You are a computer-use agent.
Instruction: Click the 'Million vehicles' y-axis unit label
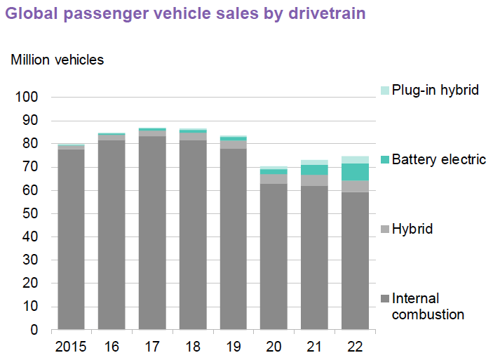[x=57, y=60]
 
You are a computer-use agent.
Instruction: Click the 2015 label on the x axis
[x=71, y=346]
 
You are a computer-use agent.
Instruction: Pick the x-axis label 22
[x=355, y=346]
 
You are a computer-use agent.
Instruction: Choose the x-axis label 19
[x=234, y=346]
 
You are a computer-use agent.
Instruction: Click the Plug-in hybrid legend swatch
[x=384, y=91]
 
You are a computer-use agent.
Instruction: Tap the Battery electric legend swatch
[x=384, y=160]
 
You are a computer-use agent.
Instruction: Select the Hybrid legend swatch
[x=384, y=229]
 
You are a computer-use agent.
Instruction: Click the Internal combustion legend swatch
[x=384, y=299]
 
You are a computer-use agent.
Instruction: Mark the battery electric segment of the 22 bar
[x=355, y=172]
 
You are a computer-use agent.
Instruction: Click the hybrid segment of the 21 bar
[x=314, y=180]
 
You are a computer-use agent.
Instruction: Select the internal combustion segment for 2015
[x=71, y=239]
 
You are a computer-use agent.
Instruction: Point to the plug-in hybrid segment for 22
[x=355, y=159]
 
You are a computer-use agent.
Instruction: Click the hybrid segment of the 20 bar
[x=273, y=179]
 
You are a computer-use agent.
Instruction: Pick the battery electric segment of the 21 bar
[x=314, y=170]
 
